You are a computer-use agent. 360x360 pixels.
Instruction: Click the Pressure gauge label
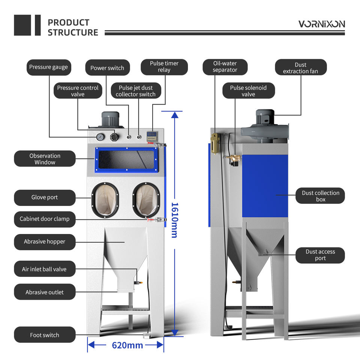click(48, 67)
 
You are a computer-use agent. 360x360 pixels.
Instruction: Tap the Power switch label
click(107, 68)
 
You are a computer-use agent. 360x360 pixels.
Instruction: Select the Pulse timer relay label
click(164, 67)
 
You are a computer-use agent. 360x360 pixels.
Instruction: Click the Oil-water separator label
click(225, 67)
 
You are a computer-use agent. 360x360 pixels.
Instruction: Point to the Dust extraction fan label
click(300, 68)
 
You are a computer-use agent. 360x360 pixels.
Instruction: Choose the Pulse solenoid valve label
click(248, 91)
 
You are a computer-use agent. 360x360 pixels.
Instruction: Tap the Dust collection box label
click(320, 196)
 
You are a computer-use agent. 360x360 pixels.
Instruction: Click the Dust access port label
click(320, 255)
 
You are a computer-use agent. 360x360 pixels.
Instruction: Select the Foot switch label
click(45, 335)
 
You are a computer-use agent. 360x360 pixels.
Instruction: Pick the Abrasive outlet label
click(45, 292)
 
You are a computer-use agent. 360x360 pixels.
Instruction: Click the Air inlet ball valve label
click(44, 269)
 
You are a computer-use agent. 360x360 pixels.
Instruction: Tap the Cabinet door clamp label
click(45, 219)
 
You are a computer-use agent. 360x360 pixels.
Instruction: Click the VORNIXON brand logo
click(321, 24)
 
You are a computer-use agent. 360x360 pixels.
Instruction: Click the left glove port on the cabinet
click(105, 200)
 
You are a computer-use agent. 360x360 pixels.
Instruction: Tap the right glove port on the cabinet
click(147, 200)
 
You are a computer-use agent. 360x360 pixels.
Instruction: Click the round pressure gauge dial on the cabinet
click(100, 137)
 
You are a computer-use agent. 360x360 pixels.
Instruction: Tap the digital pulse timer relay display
click(151, 134)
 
